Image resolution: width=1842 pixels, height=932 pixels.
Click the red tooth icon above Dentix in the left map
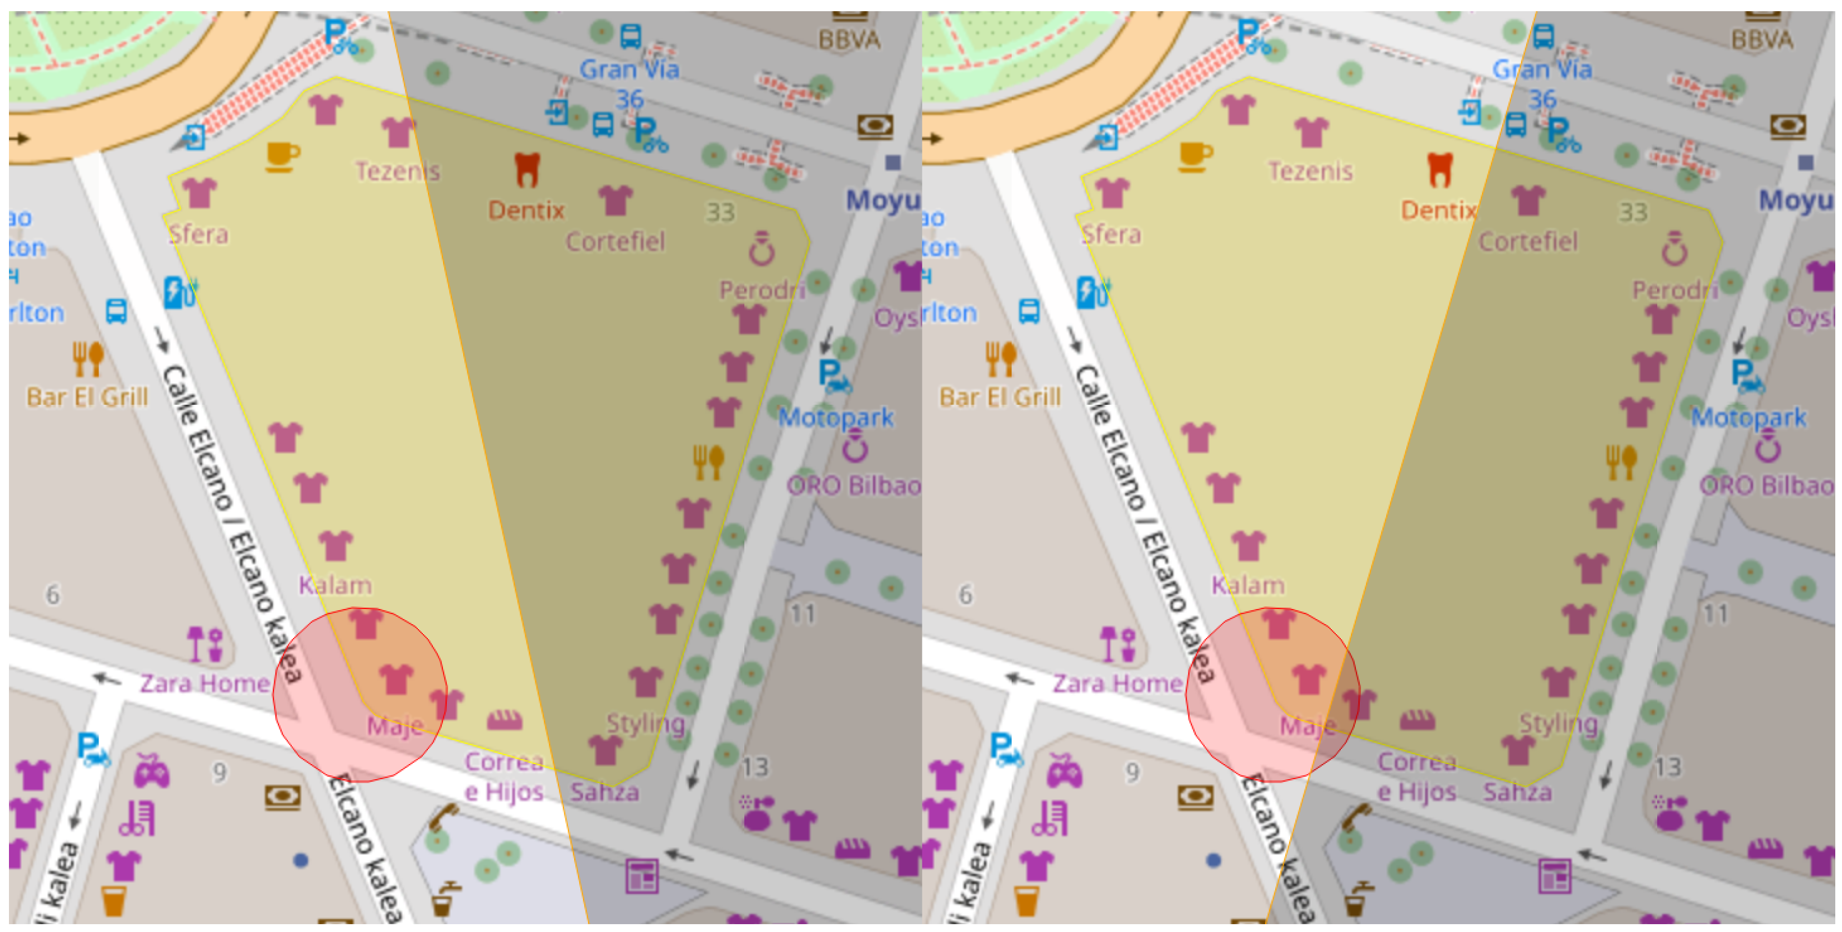click(x=527, y=170)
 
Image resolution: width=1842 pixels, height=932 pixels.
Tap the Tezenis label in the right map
click(x=1310, y=171)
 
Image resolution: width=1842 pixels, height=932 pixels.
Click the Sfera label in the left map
click(x=198, y=235)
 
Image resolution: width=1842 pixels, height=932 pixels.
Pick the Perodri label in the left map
click(x=762, y=290)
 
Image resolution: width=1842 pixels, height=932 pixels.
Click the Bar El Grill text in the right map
click(x=1000, y=397)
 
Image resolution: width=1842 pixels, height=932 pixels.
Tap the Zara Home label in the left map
click(x=204, y=683)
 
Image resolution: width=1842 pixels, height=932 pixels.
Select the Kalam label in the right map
click(x=1248, y=586)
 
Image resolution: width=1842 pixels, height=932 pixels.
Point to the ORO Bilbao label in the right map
click(x=1766, y=486)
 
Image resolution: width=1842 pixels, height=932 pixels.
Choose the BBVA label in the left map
click(x=849, y=39)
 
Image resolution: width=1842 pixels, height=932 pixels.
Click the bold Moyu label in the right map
click(x=1796, y=201)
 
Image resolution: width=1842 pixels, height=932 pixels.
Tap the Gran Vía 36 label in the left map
click(x=629, y=83)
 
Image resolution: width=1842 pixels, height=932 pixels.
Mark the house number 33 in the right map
click(x=1633, y=212)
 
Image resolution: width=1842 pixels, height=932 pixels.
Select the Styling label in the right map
click(x=1558, y=723)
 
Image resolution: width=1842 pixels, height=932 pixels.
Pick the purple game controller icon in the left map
click(x=152, y=772)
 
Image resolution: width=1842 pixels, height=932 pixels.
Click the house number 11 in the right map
click(x=1715, y=614)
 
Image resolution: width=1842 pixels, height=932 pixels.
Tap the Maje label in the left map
click(x=395, y=726)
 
